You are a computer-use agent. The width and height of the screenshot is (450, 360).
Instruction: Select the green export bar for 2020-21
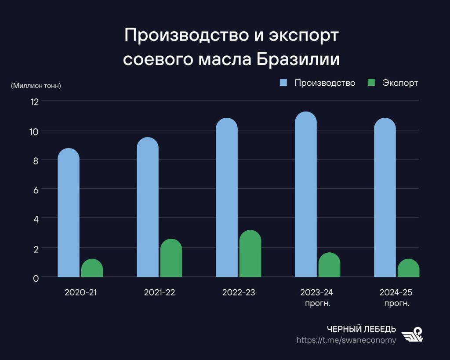click(x=92, y=269)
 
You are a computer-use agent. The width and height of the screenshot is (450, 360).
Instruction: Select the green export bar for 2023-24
click(x=329, y=265)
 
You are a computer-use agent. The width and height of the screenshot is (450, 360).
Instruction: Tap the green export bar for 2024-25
click(x=408, y=269)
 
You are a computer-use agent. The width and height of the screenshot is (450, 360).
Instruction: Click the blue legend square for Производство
click(x=283, y=83)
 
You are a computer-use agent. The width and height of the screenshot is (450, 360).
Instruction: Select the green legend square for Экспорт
click(x=371, y=83)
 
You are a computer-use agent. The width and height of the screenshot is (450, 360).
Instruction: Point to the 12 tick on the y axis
click(x=34, y=102)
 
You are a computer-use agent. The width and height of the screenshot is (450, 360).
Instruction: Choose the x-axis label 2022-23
click(x=239, y=292)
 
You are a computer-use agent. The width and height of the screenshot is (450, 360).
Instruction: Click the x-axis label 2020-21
click(x=80, y=292)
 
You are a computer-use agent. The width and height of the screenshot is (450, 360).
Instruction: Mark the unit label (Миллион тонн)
click(x=36, y=86)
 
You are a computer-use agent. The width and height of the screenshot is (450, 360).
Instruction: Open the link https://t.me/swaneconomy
click(x=346, y=340)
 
